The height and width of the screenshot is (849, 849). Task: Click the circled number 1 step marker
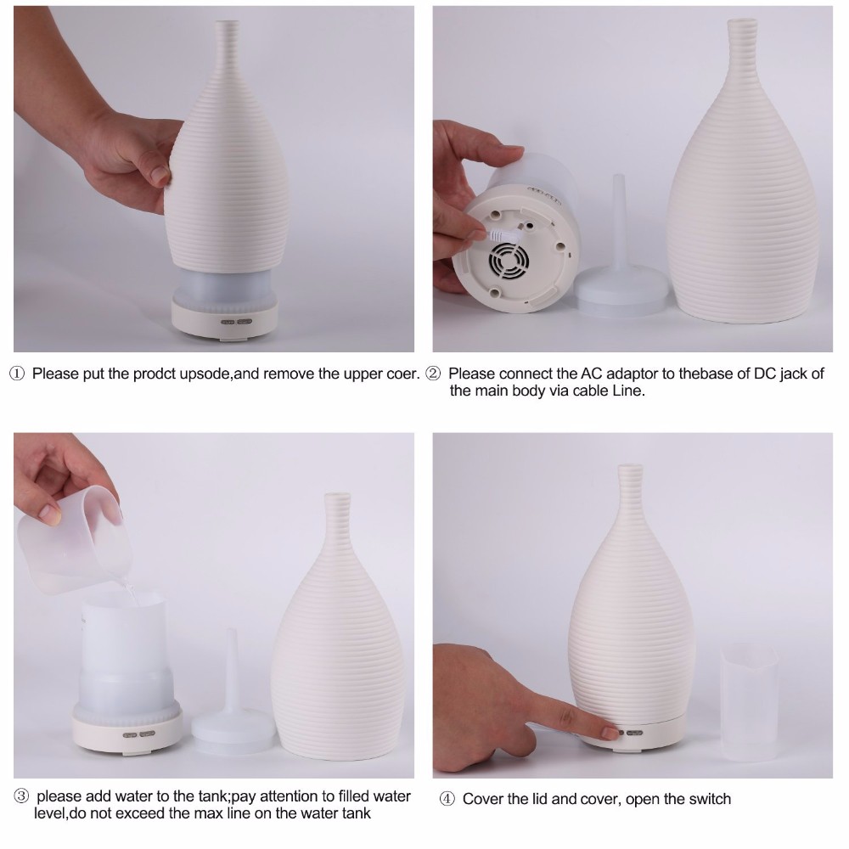pyautogui.click(x=17, y=374)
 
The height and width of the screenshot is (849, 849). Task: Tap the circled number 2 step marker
pyautogui.click(x=433, y=374)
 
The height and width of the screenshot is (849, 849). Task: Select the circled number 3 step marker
pyautogui.click(x=20, y=796)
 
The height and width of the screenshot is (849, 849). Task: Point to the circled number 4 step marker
pyautogui.click(x=447, y=799)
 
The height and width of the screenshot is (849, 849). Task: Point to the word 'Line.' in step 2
pyautogui.click(x=628, y=391)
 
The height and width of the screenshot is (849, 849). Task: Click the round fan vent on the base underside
pyautogui.click(x=508, y=261)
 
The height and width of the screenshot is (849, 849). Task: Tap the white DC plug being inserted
pyautogui.click(x=502, y=235)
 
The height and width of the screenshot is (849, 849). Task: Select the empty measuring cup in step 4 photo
pyautogui.click(x=750, y=702)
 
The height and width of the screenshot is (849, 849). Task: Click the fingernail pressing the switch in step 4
pyautogui.click(x=610, y=734)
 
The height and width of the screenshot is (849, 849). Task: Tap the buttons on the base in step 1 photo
pyautogui.click(x=237, y=322)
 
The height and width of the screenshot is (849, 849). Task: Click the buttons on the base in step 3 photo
pyautogui.click(x=139, y=734)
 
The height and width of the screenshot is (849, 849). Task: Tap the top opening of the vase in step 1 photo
pyautogui.click(x=227, y=23)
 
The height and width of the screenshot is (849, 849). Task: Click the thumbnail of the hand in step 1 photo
pyautogui.click(x=160, y=175)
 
